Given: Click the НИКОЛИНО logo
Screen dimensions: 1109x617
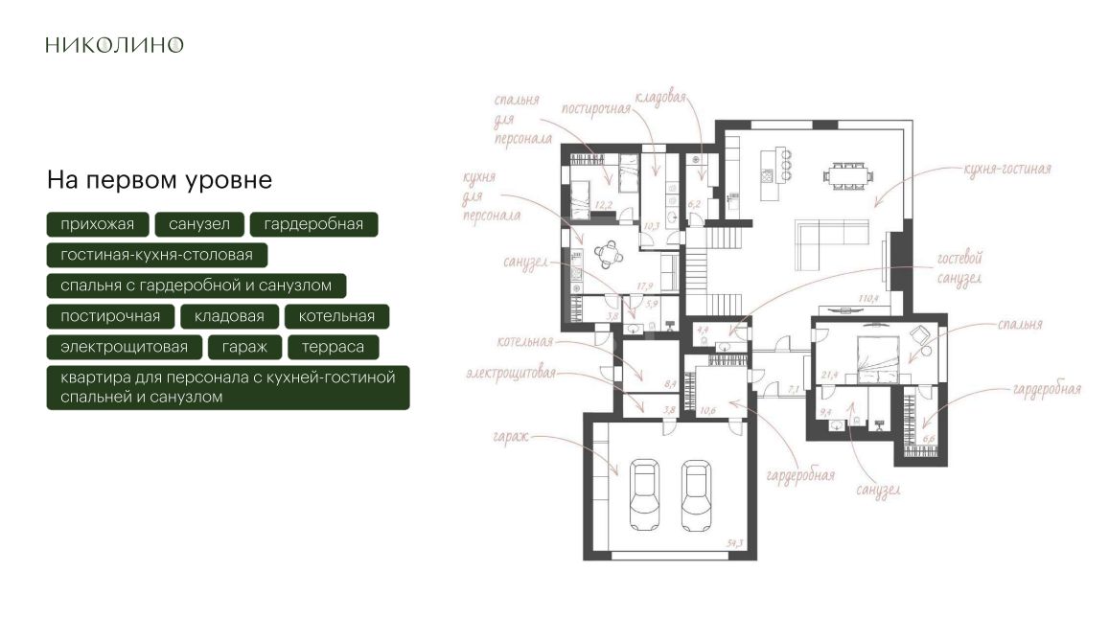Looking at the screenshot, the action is (115, 44).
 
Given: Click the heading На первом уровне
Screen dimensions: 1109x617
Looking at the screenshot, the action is (160, 180).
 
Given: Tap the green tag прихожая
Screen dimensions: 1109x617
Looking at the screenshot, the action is (98, 224).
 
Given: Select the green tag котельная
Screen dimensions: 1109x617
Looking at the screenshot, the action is (336, 316).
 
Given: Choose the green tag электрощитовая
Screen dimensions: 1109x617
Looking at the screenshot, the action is (125, 347).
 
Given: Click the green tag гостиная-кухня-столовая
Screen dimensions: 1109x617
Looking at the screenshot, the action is (157, 255).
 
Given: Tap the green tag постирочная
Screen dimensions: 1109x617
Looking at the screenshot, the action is (110, 316).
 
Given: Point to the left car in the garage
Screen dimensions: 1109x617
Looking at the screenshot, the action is (644, 494).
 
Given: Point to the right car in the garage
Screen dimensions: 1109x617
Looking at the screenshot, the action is (696, 494).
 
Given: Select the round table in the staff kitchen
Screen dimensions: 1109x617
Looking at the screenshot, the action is (609, 254).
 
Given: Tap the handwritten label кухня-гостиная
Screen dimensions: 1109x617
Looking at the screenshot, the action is (1007, 169).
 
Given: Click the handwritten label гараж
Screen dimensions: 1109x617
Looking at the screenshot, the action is (510, 437).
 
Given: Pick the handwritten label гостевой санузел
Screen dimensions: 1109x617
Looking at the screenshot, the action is (959, 268).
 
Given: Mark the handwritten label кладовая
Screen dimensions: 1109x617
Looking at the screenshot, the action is (660, 97).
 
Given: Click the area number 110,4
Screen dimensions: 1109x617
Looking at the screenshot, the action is (868, 299).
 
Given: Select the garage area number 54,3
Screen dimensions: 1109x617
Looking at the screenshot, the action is (735, 543).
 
